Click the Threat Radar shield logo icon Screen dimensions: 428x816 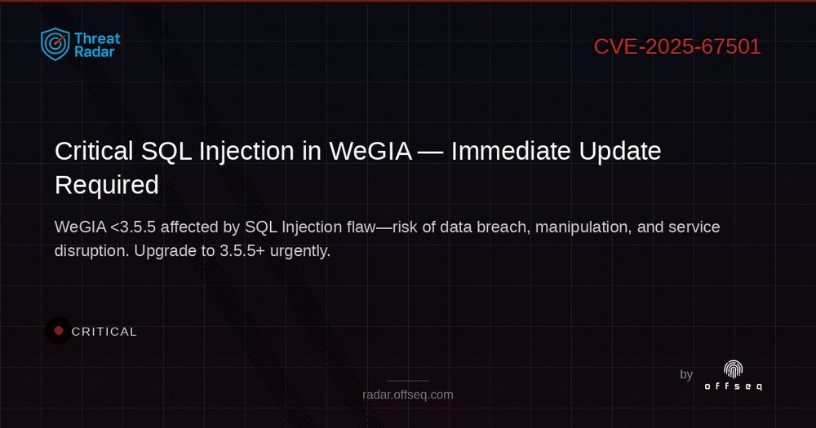tap(55, 44)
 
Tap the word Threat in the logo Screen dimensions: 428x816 tap(97, 38)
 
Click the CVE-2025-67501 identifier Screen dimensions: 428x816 tap(676, 46)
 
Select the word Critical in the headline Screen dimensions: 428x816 tap(93, 151)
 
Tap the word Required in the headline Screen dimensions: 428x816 tap(106, 185)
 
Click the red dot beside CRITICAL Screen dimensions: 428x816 tap(59, 331)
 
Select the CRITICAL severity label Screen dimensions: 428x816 tap(104, 332)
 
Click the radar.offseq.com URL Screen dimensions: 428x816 tap(408, 395)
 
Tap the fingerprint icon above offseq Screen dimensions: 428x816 tap(734, 369)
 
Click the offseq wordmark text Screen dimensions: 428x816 tap(734, 386)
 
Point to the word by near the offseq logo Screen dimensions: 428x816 tap(686, 374)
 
